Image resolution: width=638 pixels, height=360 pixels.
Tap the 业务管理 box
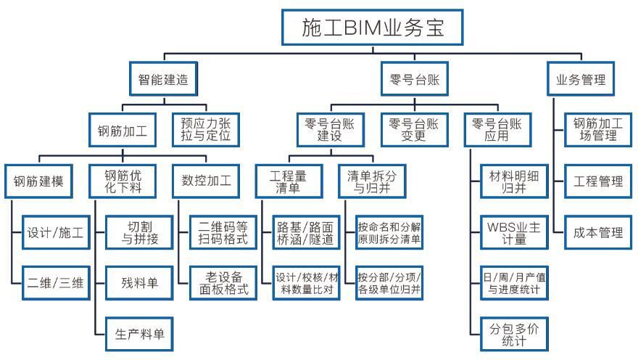click(581, 80)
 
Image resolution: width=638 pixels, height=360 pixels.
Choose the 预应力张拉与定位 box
click(205, 129)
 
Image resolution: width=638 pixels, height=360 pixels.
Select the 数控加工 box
click(205, 181)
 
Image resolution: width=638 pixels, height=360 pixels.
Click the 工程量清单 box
click(289, 181)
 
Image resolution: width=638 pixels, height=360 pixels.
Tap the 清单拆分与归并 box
click(372, 181)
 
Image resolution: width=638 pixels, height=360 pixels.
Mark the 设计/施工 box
click(55, 234)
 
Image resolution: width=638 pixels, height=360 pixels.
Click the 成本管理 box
click(598, 234)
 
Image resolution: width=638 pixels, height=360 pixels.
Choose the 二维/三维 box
click(55, 283)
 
